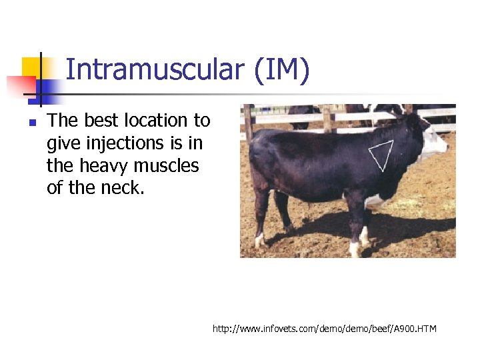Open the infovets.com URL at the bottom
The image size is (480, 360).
pos(324,329)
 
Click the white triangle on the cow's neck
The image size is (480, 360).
pos(382,155)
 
